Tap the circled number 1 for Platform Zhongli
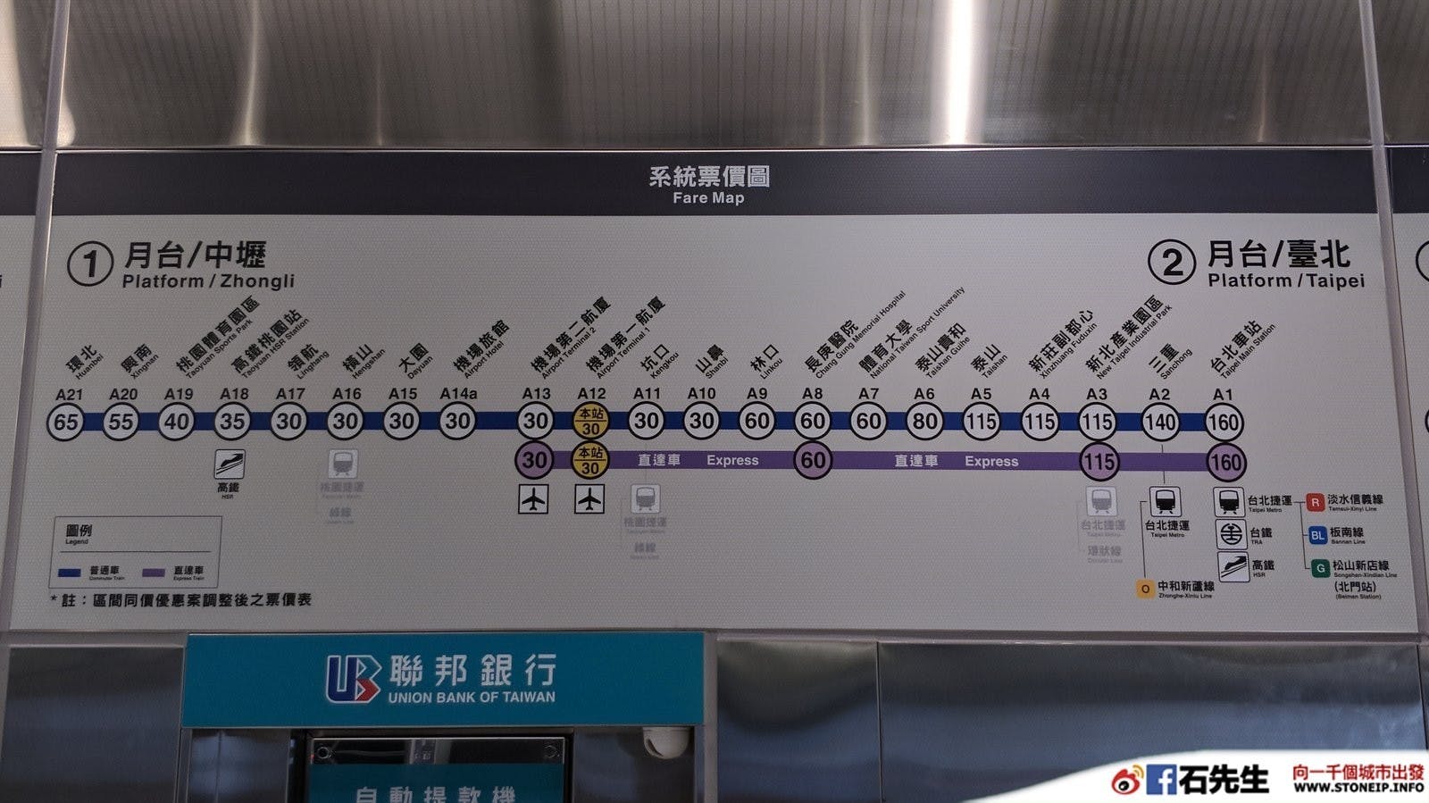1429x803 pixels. point(90,264)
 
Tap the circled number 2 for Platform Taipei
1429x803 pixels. point(1171,263)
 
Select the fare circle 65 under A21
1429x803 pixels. point(66,421)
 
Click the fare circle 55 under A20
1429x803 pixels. point(121,421)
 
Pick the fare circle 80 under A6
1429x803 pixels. point(924,421)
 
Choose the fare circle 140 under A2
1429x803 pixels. point(1159,422)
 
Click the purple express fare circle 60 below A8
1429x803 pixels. point(813,460)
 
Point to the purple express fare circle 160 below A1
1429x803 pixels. point(1224,462)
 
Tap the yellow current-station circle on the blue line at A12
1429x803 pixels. point(590,421)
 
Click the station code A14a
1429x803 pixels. point(458,393)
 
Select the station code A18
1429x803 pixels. point(234,393)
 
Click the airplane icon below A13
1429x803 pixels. point(533,499)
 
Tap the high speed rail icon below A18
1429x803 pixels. point(229,464)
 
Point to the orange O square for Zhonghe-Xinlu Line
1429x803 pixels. point(1145,589)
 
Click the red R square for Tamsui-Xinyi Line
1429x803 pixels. point(1315,502)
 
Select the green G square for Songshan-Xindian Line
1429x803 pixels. point(1319,568)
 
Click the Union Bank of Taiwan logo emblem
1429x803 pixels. point(352,679)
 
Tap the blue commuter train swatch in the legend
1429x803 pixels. point(70,573)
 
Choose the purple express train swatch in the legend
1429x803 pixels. point(153,573)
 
